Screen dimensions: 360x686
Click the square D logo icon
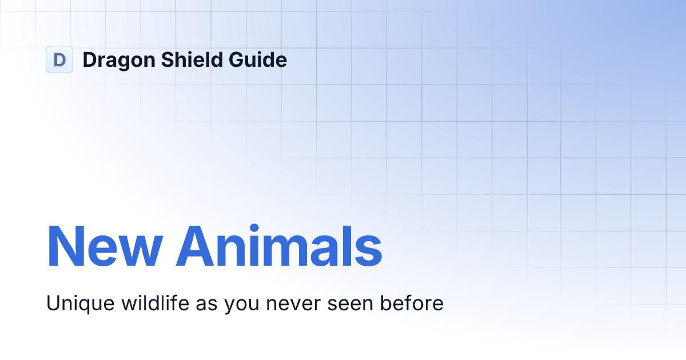pyautogui.click(x=59, y=59)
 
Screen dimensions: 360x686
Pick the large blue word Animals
pyautogui.click(x=279, y=247)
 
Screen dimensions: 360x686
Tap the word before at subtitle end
pyautogui.click(x=413, y=303)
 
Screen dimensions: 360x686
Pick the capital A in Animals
pyautogui.click(x=194, y=247)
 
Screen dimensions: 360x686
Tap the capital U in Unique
pyautogui.click(x=53, y=303)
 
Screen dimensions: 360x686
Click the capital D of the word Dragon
pyautogui.click(x=89, y=59)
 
